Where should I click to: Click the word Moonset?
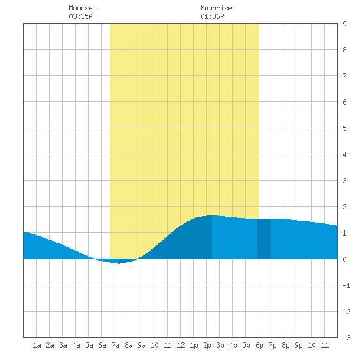coord(82,8)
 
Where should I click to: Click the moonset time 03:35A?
coord(81,16)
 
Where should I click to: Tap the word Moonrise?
coord(216,8)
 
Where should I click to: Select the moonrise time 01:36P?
coord(212,16)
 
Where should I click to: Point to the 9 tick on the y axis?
coord(344,24)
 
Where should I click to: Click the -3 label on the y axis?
coord(346,338)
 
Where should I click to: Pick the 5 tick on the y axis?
coord(344,128)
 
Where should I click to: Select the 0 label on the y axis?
coord(344,259)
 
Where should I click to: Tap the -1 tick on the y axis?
coord(346,285)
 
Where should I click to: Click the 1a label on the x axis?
coord(37,345)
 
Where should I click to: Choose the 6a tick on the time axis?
coord(102,345)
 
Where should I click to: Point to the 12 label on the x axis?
coord(181,345)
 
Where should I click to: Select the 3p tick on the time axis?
coord(220,345)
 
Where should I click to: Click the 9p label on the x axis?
coord(298,345)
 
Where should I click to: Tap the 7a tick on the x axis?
coord(115,345)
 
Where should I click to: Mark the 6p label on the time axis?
coord(259,345)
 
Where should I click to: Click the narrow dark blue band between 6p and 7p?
coord(264,239)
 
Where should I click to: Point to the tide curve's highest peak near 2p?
coord(212,215)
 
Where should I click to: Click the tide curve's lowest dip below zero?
coord(118,262)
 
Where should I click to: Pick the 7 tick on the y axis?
coord(344,76)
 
